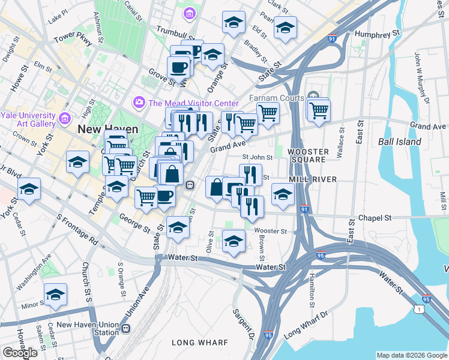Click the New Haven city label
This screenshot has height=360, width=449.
107,129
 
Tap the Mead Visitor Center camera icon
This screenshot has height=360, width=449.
139,102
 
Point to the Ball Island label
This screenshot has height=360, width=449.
399,142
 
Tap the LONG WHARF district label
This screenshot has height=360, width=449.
200,343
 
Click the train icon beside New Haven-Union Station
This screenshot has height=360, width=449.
125,328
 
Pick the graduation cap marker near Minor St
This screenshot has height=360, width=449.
56,295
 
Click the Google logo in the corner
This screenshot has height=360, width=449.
20,353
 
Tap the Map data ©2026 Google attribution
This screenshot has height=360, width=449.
411,355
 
